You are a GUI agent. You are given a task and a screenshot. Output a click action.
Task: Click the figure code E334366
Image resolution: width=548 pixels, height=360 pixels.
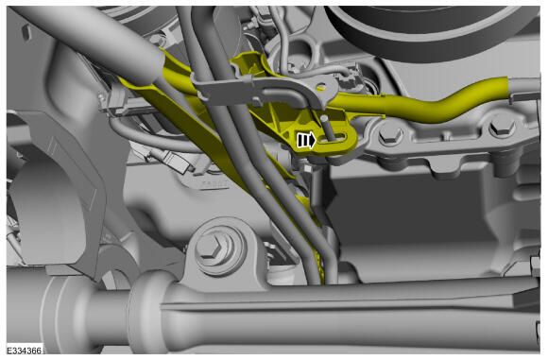click(25, 350)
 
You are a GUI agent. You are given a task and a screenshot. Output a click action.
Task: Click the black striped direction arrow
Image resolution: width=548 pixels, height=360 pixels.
click(306, 141)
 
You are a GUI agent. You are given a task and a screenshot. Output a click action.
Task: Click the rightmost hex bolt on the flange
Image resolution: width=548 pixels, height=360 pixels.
click(502, 128)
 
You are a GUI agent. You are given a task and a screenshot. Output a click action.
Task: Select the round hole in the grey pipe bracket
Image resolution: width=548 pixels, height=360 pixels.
click(321, 86)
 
